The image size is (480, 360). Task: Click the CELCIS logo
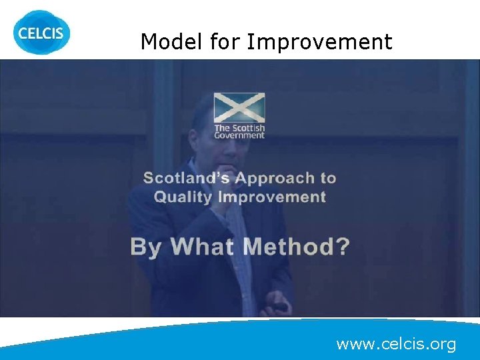41,31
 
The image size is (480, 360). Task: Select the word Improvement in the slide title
319,42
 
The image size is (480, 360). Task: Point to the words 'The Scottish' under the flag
239,128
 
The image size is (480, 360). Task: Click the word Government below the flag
239,135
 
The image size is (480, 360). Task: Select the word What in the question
203,247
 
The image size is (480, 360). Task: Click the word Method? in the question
296,247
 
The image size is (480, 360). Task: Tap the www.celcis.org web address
396,344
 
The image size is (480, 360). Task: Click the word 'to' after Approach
327,178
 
